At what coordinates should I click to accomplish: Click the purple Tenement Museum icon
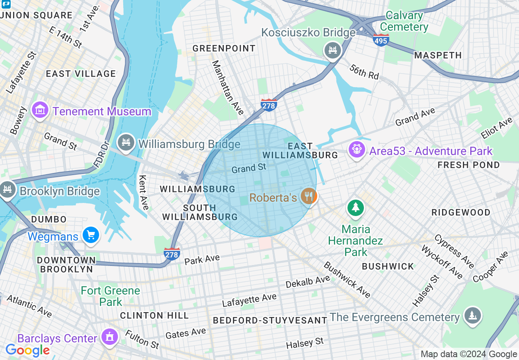click(x=40, y=110)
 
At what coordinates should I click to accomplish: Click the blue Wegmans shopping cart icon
click(x=90, y=235)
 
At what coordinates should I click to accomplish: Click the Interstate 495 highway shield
click(x=381, y=40)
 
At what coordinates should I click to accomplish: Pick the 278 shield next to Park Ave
click(x=171, y=254)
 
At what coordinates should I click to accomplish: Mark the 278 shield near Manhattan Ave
click(x=269, y=105)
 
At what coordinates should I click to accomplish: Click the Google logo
click(x=27, y=350)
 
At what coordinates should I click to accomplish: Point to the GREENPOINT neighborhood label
click(x=224, y=48)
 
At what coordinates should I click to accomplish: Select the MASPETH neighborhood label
click(x=438, y=55)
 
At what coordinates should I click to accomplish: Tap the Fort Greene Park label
click(x=111, y=296)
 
